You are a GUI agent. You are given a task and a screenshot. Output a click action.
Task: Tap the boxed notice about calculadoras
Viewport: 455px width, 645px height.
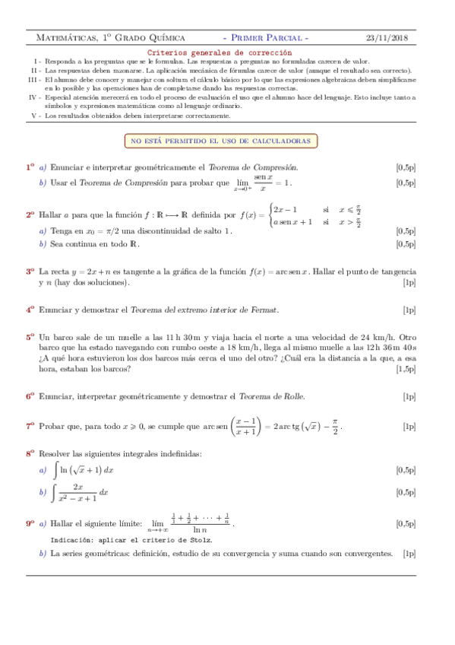coord(222,141)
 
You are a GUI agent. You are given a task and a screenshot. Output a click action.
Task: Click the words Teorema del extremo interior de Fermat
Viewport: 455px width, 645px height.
coord(204,310)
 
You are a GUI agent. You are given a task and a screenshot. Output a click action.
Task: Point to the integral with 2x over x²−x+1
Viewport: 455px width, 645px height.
coord(79,492)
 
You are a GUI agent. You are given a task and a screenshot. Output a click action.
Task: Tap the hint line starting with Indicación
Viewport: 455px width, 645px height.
coord(131,539)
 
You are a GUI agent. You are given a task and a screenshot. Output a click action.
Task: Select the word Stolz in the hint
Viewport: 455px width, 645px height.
coord(201,539)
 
